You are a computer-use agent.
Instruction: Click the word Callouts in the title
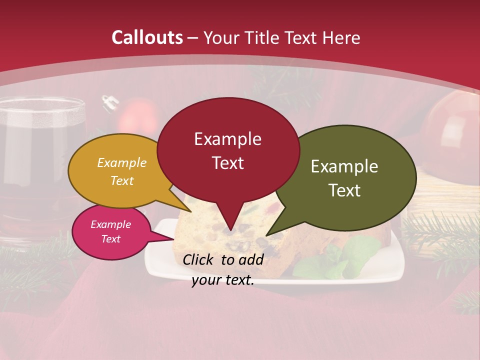coord(147,37)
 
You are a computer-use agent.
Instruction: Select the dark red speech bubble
coord(228,150)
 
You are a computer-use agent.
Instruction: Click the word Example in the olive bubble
coord(344,166)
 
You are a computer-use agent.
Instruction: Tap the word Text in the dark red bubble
coord(228,163)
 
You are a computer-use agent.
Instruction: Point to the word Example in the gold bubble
coord(122,163)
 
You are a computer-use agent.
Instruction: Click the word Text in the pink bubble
coord(111,239)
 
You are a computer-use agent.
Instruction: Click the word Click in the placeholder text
coord(198,259)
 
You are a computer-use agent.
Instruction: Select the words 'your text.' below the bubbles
coord(223,280)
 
